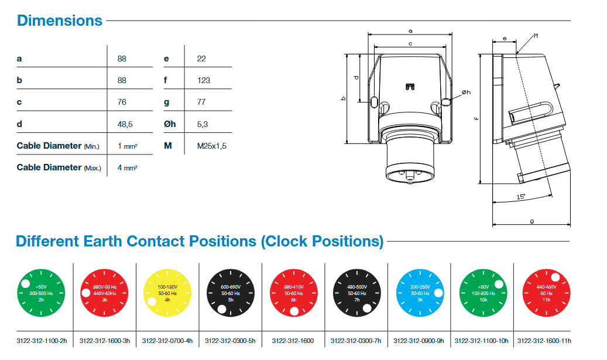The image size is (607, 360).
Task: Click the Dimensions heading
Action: click(x=60, y=20)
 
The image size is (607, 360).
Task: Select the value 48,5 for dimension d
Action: click(x=126, y=124)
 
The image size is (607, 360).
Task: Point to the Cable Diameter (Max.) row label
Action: click(x=59, y=168)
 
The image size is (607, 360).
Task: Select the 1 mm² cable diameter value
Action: click(x=127, y=146)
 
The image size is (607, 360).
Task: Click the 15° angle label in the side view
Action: click(x=521, y=197)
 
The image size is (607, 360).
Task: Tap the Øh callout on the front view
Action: click(x=466, y=92)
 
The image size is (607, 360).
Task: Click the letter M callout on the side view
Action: click(x=536, y=36)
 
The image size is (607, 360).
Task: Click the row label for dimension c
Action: click(x=19, y=102)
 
